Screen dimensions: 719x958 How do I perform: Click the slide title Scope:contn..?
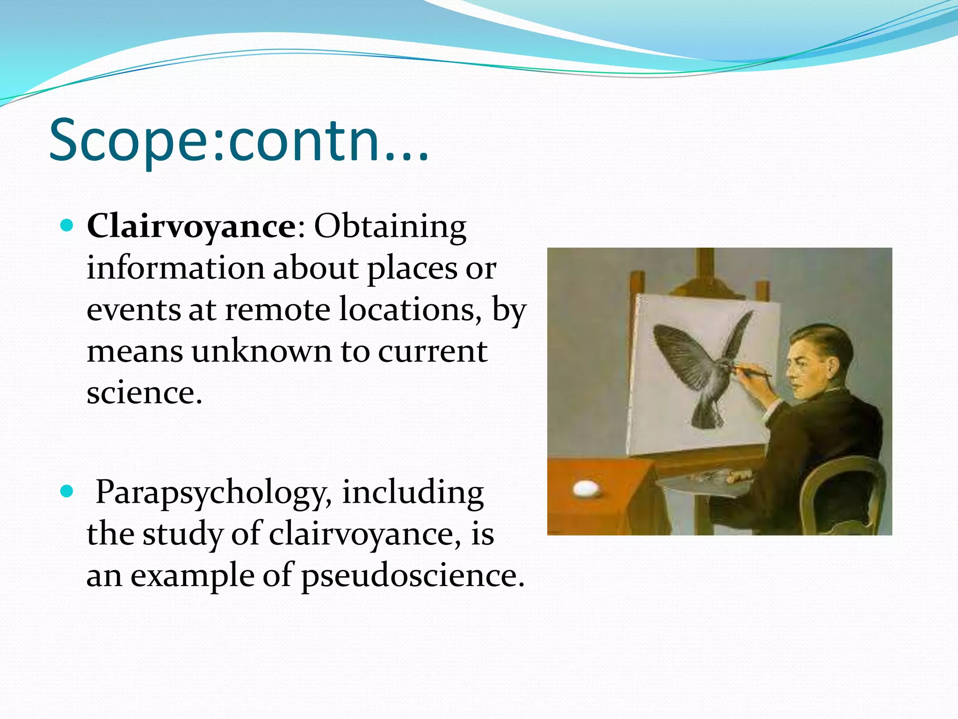tap(239, 140)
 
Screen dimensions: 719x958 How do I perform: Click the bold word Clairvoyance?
tap(191, 227)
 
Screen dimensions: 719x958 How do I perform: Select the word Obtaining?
tap(390, 227)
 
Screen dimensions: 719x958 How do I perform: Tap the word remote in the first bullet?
tap(277, 310)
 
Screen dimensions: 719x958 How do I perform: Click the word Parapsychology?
tap(213, 492)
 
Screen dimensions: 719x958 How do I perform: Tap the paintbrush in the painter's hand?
tap(753, 372)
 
